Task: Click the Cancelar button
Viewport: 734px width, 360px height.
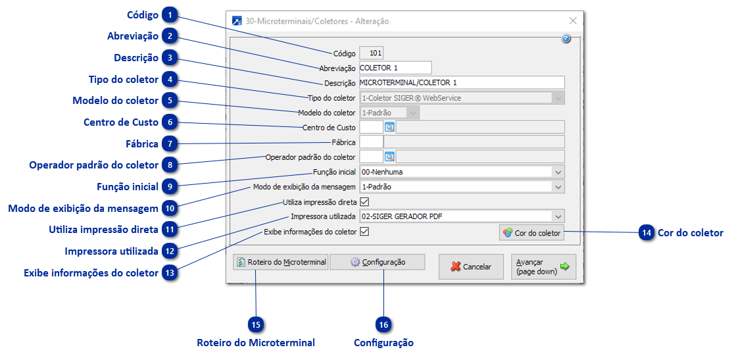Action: pos(470,267)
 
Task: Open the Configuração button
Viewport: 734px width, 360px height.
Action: pos(378,262)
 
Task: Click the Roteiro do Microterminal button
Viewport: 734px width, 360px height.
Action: pos(281,262)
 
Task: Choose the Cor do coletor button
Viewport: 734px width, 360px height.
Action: pos(531,232)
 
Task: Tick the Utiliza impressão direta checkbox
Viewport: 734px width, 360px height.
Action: pos(364,202)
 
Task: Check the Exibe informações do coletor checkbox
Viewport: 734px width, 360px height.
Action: pos(364,232)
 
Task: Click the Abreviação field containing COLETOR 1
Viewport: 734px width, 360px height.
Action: pos(395,67)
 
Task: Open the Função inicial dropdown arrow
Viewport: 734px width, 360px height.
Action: pos(558,172)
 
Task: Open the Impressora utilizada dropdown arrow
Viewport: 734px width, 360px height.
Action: pos(558,217)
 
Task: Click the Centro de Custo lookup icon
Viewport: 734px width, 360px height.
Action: pos(389,127)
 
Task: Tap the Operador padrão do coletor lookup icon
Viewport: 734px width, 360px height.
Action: pos(389,157)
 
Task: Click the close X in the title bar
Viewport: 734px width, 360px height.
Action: pos(572,21)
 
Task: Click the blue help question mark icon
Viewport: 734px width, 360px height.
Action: pos(566,39)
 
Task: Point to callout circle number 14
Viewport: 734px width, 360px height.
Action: pos(647,232)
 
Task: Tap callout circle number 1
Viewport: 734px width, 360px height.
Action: pos(170,15)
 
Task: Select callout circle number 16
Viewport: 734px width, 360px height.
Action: pos(383,324)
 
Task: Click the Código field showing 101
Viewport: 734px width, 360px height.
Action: pos(372,53)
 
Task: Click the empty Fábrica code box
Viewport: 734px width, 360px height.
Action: pos(371,141)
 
